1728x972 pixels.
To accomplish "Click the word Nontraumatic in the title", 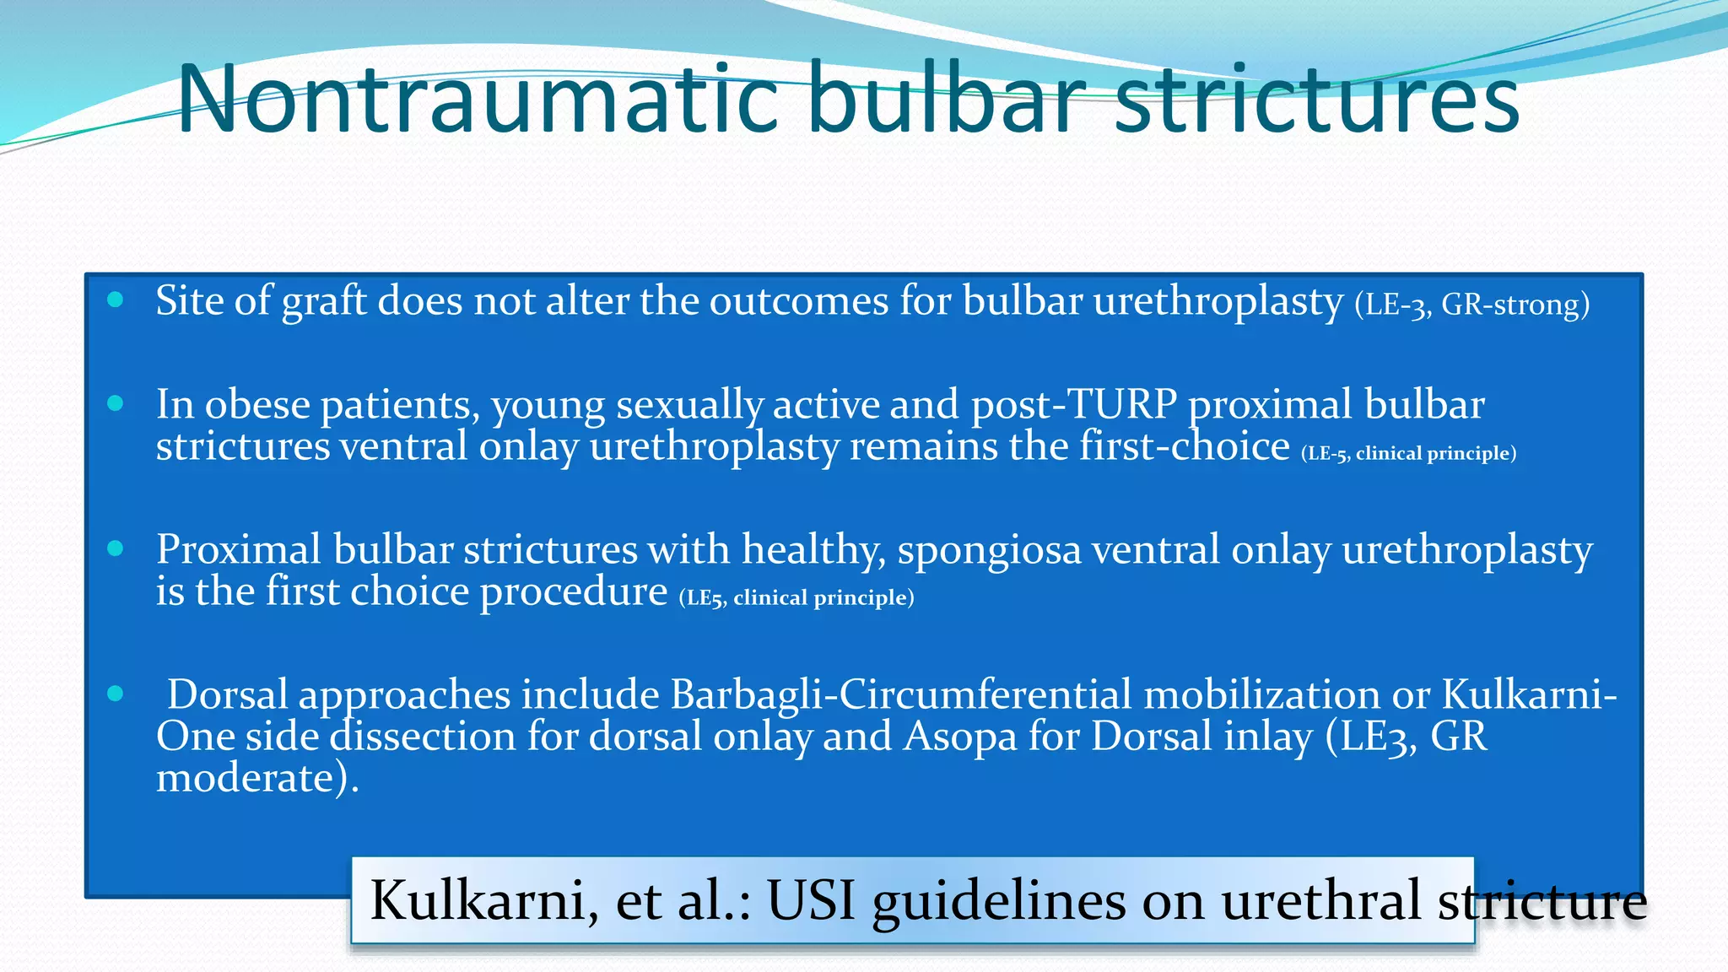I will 477,100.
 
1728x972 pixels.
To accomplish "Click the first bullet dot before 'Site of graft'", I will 116,300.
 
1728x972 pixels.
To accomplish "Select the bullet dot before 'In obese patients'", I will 116,403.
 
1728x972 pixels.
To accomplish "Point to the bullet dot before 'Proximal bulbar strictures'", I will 116,548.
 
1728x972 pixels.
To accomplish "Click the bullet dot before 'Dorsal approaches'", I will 116,694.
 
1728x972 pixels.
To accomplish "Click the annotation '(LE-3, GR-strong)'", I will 1471,304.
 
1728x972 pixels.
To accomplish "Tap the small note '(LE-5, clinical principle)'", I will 1408,453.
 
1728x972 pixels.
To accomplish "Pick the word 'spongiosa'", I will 989,550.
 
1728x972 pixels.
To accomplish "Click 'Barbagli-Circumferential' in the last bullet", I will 900,694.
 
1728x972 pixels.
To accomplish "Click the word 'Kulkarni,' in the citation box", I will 484,899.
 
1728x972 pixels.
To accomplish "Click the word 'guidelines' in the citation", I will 999,899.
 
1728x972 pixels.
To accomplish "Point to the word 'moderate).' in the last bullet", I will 257,777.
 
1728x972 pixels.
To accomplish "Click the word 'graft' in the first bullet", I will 324,301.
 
